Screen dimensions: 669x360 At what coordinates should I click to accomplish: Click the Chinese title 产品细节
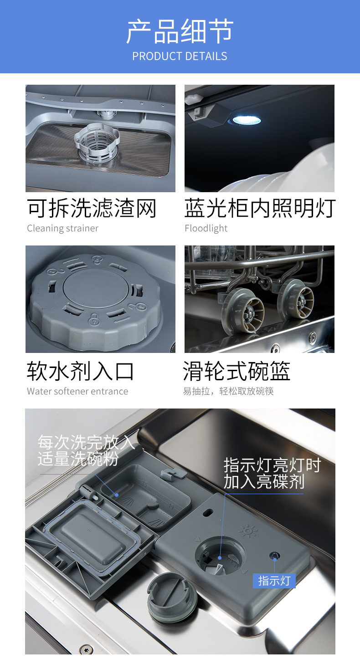pyautogui.click(x=180, y=31)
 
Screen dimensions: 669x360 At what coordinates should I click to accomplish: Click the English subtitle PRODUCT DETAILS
pyautogui.click(x=180, y=56)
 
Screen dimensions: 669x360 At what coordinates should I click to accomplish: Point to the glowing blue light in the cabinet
pyautogui.click(x=247, y=120)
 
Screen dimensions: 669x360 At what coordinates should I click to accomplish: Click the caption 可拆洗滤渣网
pyautogui.click(x=92, y=209)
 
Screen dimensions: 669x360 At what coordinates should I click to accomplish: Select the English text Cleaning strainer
pyautogui.click(x=62, y=229)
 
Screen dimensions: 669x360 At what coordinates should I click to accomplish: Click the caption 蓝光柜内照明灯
pyautogui.click(x=260, y=209)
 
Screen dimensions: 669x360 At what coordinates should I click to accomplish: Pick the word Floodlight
pyautogui.click(x=206, y=229)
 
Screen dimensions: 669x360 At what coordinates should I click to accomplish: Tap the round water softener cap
pyautogui.click(x=95, y=300)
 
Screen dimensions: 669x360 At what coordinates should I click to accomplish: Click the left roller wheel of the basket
pyautogui.click(x=247, y=312)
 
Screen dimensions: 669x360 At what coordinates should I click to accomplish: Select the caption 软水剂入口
pyautogui.click(x=81, y=371)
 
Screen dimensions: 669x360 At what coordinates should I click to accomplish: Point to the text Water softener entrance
pyautogui.click(x=77, y=391)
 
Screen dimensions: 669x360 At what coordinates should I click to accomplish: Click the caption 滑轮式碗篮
pyautogui.click(x=237, y=371)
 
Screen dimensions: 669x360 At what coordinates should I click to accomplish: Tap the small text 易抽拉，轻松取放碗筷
pyautogui.click(x=228, y=391)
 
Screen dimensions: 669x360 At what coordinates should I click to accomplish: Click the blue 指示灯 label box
pyautogui.click(x=274, y=581)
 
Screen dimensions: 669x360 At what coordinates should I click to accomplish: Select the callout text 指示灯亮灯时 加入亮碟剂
pyautogui.click(x=272, y=474)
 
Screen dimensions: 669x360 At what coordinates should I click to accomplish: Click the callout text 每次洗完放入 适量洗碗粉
pyautogui.click(x=86, y=450)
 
